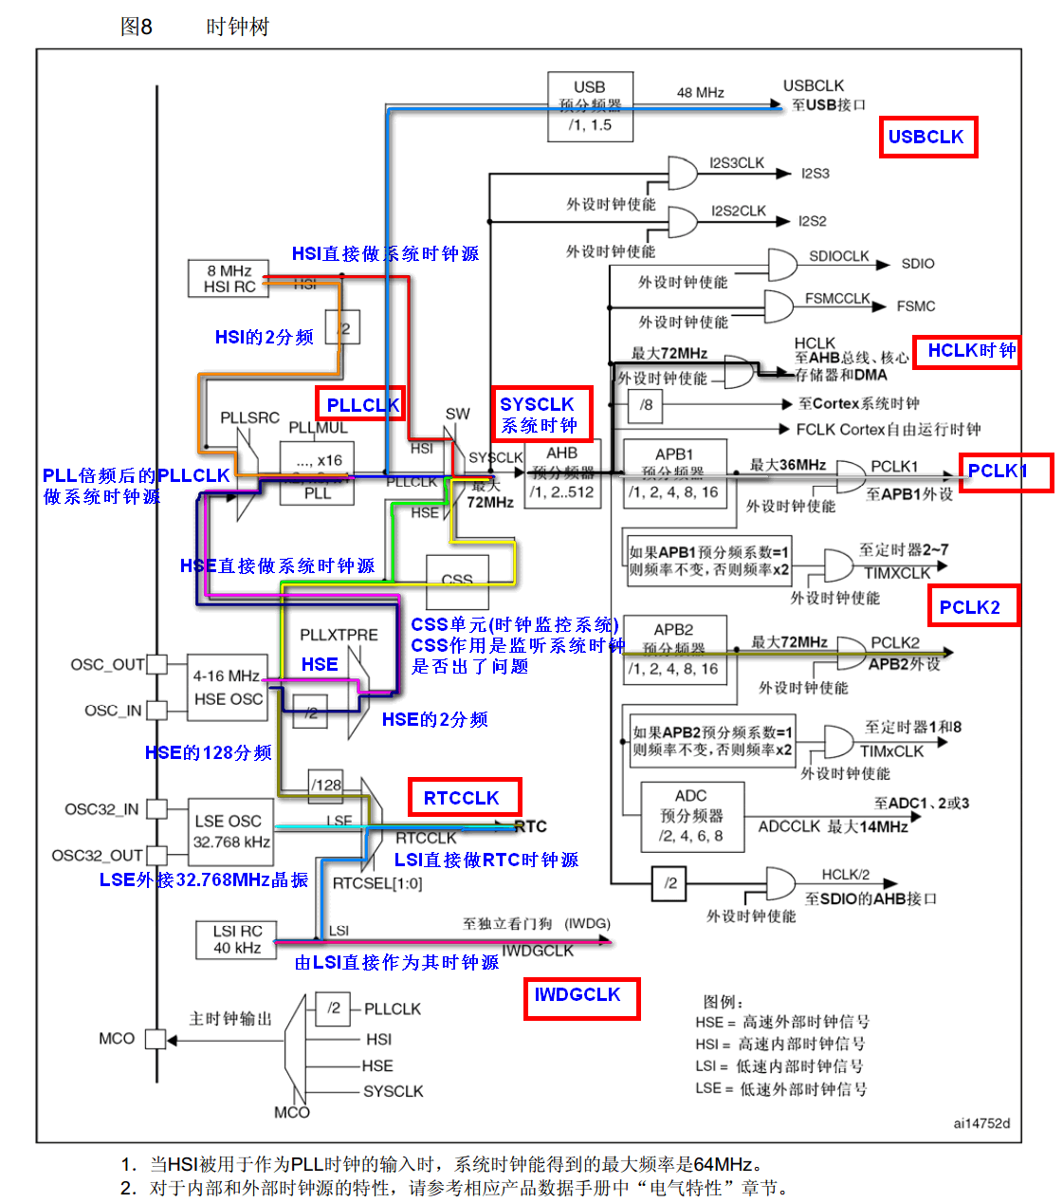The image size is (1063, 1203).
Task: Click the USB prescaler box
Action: pyautogui.click(x=590, y=106)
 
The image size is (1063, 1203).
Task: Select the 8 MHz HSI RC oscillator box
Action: pyautogui.click(x=229, y=278)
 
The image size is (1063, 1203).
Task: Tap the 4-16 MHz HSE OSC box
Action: pyautogui.click(x=228, y=687)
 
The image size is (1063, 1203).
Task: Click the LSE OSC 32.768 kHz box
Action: pyautogui.click(x=232, y=831)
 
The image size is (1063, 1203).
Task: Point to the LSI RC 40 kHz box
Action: pyautogui.click(x=236, y=939)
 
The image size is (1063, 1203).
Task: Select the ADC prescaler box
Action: pyautogui.click(x=691, y=816)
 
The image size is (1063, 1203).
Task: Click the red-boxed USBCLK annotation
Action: pyautogui.click(x=926, y=138)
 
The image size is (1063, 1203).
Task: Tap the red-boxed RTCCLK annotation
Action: pyautogui.click(x=464, y=798)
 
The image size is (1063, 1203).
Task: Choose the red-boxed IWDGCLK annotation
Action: pyautogui.click(x=580, y=996)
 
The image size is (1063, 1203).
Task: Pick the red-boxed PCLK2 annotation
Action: pyautogui.click(x=972, y=607)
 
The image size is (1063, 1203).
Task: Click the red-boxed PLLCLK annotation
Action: pyautogui.click(x=360, y=405)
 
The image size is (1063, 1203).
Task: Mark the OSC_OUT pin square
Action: pyautogui.click(x=156, y=664)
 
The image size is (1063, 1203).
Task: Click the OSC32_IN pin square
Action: pyautogui.click(x=156, y=808)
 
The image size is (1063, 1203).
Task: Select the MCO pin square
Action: pyautogui.click(x=155, y=1039)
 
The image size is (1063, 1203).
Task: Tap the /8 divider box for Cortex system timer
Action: pyautogui.click(x=646, y=405)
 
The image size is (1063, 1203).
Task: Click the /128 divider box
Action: pyautogui.click(x=326, y=784)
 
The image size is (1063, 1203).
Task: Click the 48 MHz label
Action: pyautogui.click(x=700, y=93)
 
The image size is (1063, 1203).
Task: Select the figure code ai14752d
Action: pyautogui.click(x=981, y=1123)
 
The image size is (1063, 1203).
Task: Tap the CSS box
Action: pyautogui.click(x=457, y=581)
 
